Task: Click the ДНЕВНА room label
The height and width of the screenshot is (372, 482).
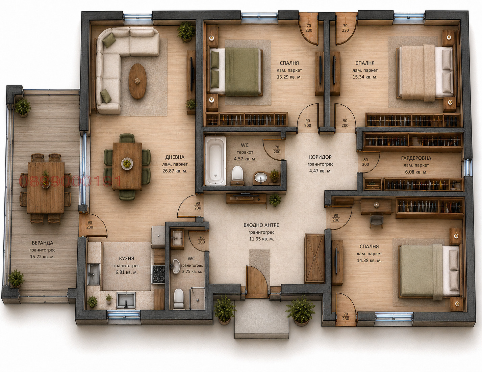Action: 175,157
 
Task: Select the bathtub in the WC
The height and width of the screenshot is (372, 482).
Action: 215,161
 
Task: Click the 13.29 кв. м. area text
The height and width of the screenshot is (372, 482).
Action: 289,77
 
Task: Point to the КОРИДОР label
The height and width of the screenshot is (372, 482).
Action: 320,157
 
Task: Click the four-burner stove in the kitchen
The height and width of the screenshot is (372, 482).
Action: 158,274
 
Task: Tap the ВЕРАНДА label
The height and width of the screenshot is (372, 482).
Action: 42,243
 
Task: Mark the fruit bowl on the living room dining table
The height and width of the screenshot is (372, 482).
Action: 127,164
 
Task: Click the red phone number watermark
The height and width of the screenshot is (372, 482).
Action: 70,181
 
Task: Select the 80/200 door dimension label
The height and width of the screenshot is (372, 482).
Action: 365,162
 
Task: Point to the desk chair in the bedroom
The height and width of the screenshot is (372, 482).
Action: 376,221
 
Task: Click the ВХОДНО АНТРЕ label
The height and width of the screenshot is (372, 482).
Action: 261,225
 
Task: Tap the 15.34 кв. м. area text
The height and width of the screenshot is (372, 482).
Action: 365,77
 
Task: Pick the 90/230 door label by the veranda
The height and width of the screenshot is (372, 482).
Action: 90,225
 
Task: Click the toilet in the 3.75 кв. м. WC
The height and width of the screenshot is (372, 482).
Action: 179,298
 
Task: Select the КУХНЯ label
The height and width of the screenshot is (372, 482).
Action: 126,259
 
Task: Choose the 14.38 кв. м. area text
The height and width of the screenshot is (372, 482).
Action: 369,261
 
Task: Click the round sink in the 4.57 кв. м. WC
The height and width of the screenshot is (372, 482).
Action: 261,177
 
